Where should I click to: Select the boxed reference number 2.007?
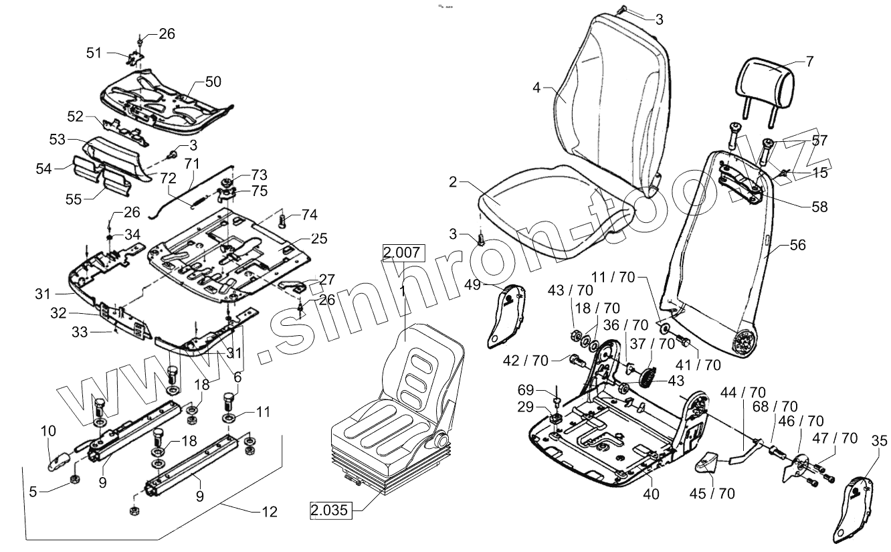tap(403, 253)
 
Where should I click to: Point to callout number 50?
tap(212, 82)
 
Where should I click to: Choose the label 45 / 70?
tap(712, 494)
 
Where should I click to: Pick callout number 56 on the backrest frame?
tap(797, 246)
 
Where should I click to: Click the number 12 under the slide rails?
tap(268, 513)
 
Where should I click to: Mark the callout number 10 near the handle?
tap(49, 432)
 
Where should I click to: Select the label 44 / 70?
tap(743, 393)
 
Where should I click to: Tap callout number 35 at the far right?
tap(880, 440)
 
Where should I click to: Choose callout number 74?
tap(308, 215)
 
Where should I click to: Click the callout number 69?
tap(526, 389)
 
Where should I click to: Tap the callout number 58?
tap(819, 207)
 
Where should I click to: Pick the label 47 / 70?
tap(835, 438)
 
